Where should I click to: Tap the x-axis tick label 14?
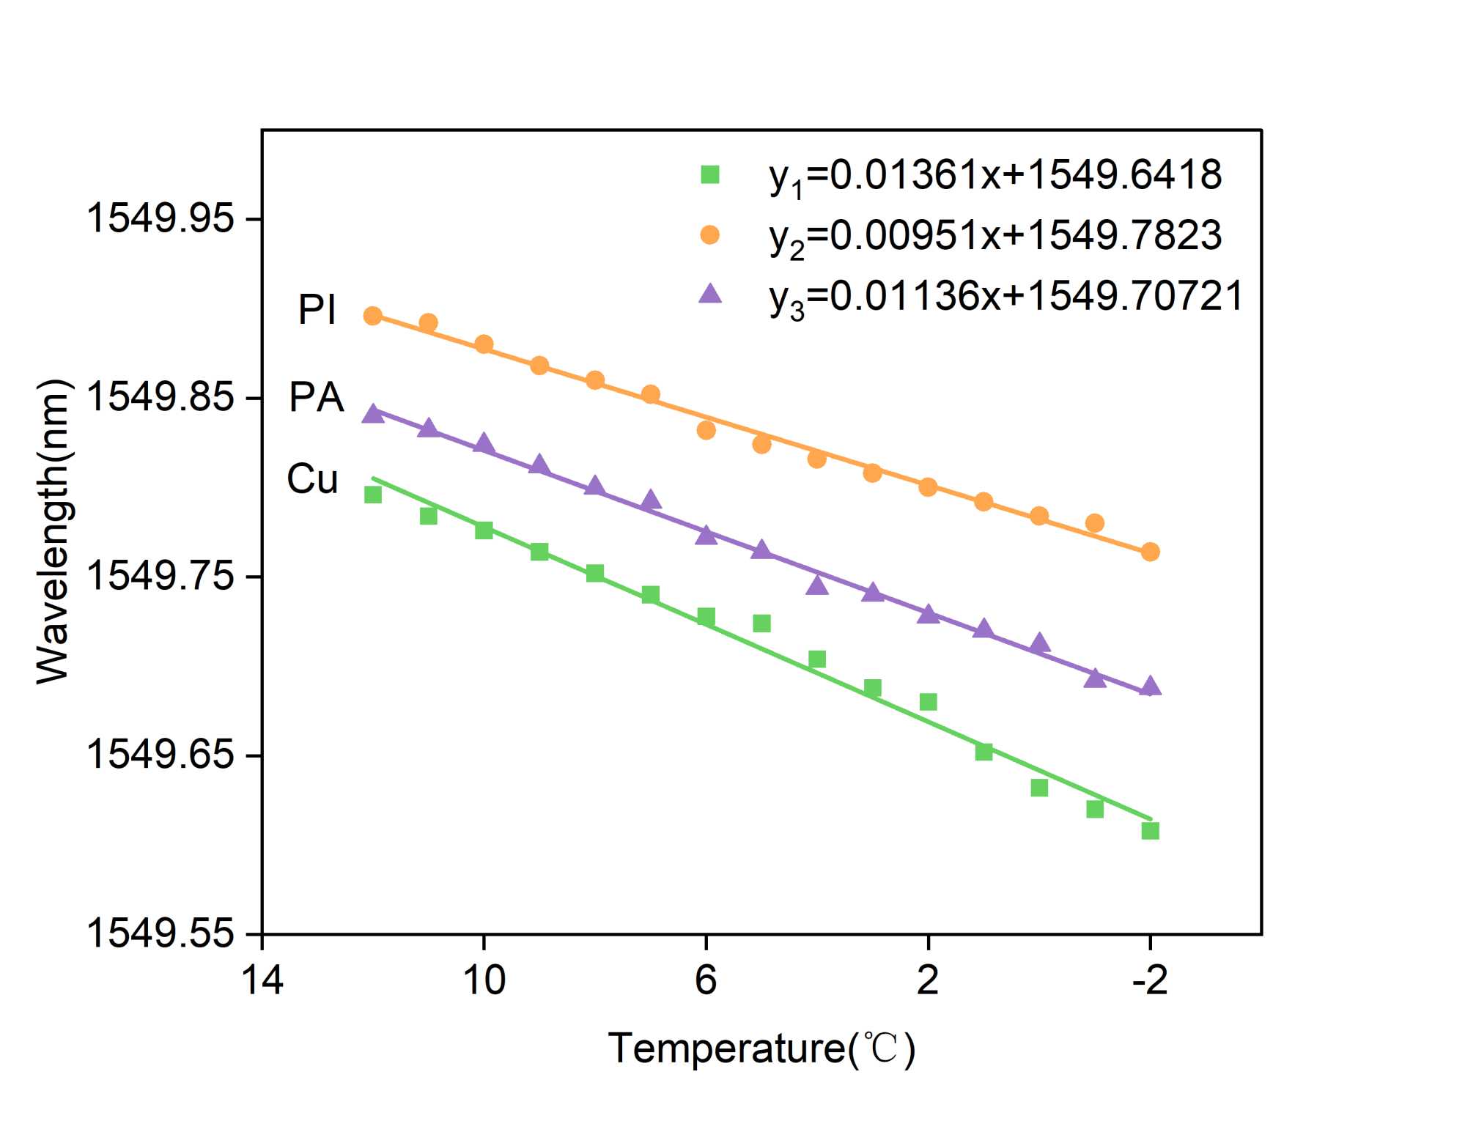point(262,980)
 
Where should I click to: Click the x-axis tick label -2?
point(1149,980)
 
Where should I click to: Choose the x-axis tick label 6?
point(705,980)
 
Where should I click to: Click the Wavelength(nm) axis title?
point(53,532)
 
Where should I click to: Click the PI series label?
point(317,310)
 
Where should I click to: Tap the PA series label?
point(317,398)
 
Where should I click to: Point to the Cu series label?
point(313,479)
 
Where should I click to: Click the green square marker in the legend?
point(709,174)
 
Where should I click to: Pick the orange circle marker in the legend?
point(709,234)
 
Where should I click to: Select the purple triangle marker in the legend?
point(709,295)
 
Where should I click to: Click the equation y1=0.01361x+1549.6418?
point(995,176)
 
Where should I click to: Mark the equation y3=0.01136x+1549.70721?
point(1006,297)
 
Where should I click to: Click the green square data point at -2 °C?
point(1150,830)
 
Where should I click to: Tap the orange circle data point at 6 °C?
point(706,430)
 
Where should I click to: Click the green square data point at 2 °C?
point(928,702)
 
